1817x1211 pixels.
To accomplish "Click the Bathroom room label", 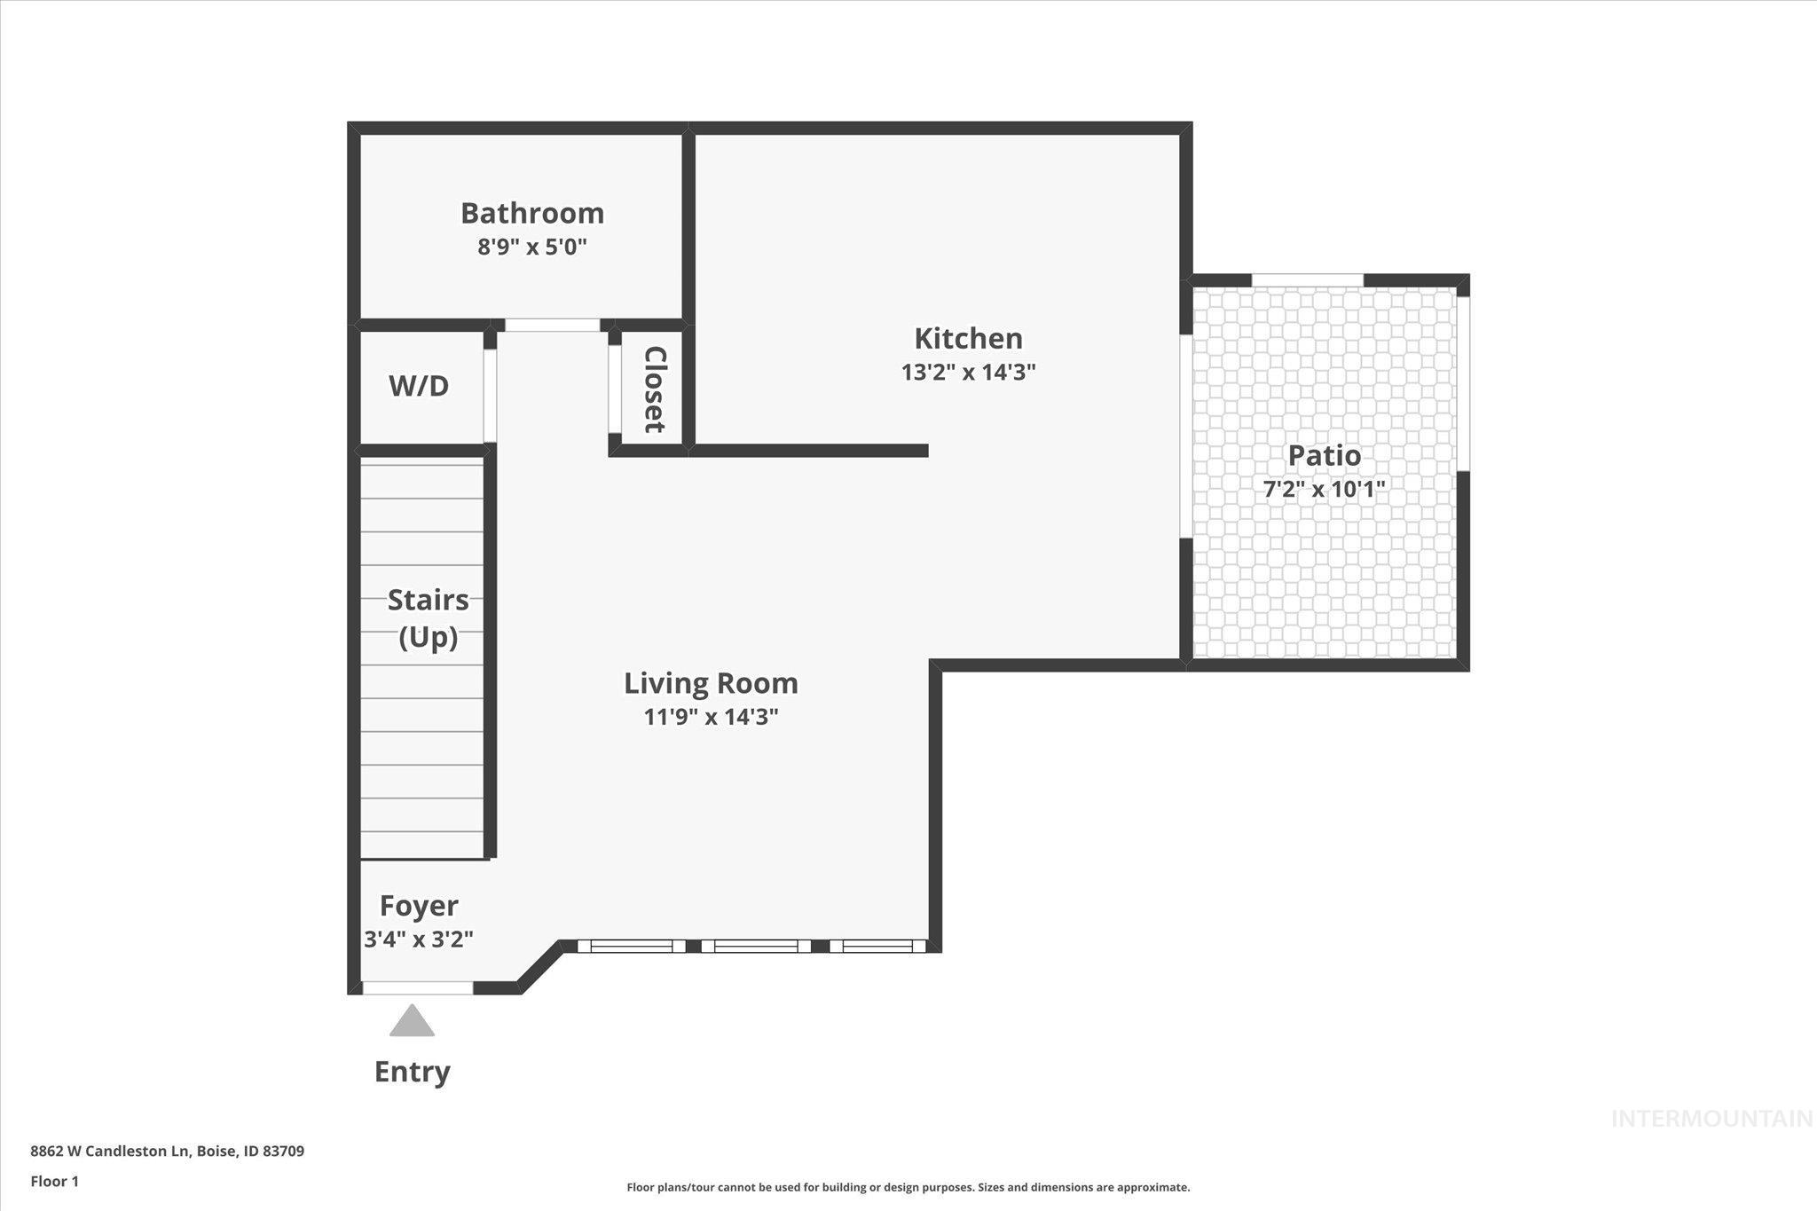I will click(531, 213).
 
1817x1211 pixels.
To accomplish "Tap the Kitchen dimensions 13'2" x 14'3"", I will click(968, 372).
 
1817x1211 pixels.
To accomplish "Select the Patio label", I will click(1324, 455).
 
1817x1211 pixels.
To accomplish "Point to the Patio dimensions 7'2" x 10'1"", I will click(1324, 489).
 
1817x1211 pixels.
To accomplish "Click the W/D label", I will click(419, 386).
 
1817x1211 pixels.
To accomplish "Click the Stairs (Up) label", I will click(428, 618).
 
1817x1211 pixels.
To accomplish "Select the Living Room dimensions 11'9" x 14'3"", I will click(711, 717).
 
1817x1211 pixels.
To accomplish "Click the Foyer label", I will click(419, 906).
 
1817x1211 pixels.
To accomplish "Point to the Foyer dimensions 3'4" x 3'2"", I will click(419, 939).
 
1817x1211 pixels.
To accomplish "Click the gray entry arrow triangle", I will click(412, 1022).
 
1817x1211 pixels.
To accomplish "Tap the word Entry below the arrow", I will click(412, 1072).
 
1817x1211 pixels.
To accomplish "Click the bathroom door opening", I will click(552, 326).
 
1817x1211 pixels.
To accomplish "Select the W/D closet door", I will click(490, 396).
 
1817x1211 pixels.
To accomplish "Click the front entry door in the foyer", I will click(417, 987).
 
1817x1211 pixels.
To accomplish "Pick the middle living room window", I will click(756, 947).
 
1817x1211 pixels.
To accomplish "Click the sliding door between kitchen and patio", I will click(1186, 436).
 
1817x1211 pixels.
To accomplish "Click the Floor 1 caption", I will click(54, 1182).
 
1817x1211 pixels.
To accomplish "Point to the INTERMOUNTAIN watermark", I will click(1711, 1119).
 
